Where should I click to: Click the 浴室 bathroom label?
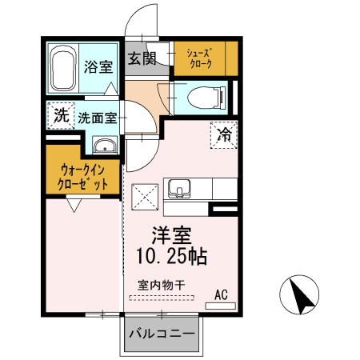pos(99,66)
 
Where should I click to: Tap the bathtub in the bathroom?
pos(63,70)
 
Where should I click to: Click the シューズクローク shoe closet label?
pos(200,58)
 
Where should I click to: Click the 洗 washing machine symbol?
pos(59,115)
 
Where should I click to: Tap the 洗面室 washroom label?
pos(98,117)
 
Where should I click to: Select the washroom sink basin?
pos(106,146)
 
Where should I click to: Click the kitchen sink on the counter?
pos(179,190)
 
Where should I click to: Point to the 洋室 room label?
pos(173,237)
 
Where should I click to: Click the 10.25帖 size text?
pos(173,258)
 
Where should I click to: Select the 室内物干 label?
pos(161,285)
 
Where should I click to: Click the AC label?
pos(222,295)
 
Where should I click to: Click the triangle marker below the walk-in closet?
pos(74,206)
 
